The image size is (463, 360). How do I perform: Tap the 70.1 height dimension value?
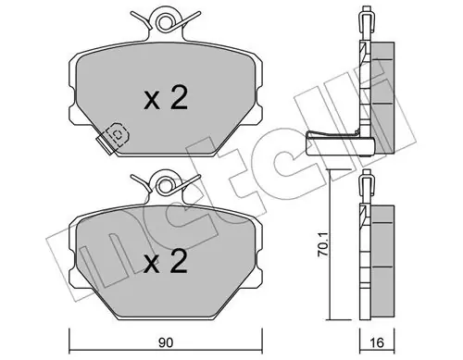click(x=322, y=245)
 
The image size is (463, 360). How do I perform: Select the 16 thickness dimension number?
click(x=377, y=343)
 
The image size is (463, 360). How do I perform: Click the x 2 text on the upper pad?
click(x=166, y=99)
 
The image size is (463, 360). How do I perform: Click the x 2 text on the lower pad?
click(x=166, y=262)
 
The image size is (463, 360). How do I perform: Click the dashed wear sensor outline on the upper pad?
click(x=118, y=133)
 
